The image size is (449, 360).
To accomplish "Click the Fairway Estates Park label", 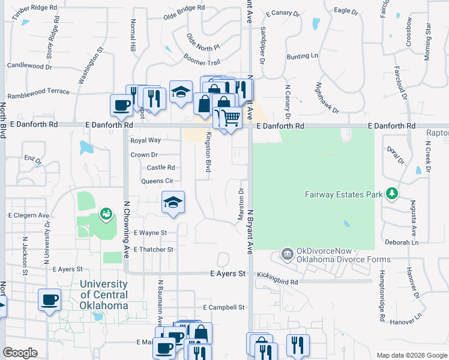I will point(344,194).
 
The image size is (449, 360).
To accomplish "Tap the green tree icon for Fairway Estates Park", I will point(392,193).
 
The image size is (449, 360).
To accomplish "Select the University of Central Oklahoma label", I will point(103,295).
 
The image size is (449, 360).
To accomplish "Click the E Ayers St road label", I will point(228,274).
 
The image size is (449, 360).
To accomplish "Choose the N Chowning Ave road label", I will point(127,229).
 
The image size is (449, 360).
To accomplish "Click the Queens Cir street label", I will point(157,181).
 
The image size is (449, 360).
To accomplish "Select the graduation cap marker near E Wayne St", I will point(173,202).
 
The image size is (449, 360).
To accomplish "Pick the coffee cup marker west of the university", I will point(49,299).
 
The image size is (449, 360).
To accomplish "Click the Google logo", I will point(20,353).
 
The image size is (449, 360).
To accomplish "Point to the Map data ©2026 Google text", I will point(411,355).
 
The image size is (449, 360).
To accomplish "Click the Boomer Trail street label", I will point(202,62).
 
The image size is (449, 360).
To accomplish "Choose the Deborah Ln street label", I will point(402,242).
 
